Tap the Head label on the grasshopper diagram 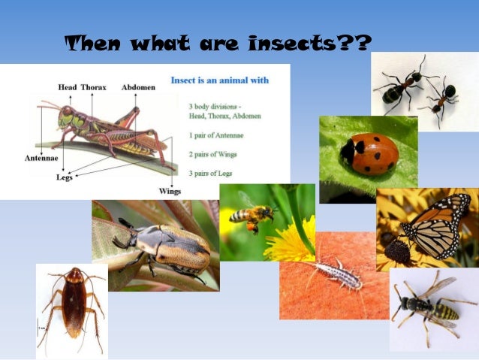pos(68,88)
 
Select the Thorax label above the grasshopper pos(94,88)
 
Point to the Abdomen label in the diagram pos(138,88)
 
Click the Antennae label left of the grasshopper pos(31,158)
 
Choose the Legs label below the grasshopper pos(65,177)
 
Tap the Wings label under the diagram pos(170,191)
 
